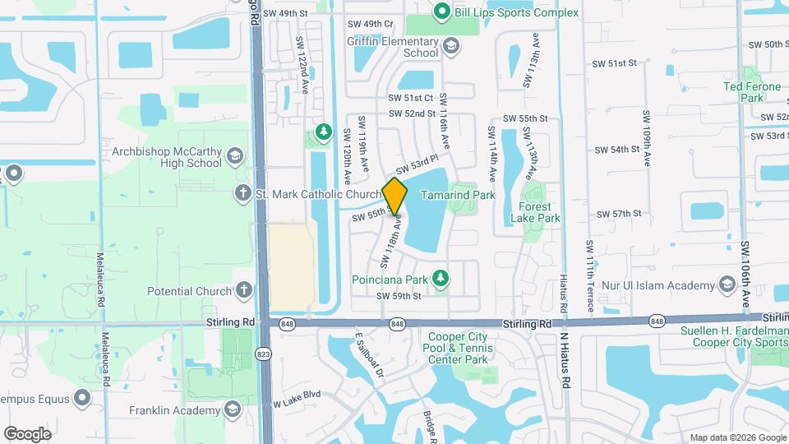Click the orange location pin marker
coord(395,196)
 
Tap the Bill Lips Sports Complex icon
coord(441,12)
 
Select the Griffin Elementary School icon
coord(450,44)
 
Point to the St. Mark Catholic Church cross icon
coord(242,193)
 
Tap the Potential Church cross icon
coord(243,290)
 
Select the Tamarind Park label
coord(458,195)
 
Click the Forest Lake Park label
coord(535,212)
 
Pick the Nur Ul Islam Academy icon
coord(727,284)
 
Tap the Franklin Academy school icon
coord(233,409)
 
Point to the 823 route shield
coord(263,353)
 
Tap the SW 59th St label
coord(399,296)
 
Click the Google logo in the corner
coord(27,433)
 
